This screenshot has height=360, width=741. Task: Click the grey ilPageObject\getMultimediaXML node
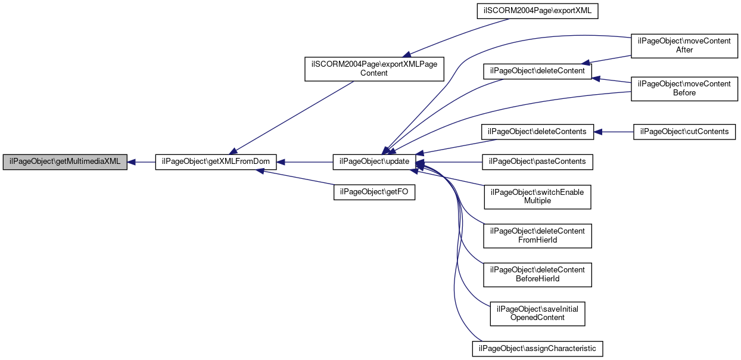[x=65, y=162]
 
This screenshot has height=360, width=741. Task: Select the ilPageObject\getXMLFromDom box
[x=216, y=162]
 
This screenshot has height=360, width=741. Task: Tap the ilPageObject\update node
[x=374, y=162]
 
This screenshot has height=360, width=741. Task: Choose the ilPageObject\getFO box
[x=374, y=193]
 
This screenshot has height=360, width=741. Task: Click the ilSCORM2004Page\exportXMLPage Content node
[x=374, y=69]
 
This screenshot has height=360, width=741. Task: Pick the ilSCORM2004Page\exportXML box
[x=537, y=11]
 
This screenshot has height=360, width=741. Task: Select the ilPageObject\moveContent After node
[x=684, y=46]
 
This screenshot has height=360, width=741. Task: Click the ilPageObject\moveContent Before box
[x=684, y=89]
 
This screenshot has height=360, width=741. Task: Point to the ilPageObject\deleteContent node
[x=537, y=71]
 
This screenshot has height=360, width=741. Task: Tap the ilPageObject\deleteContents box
[x=537, y=132]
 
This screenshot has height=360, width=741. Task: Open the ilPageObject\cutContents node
[x=684, y=132]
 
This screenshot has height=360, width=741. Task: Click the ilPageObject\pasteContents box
[x=537, y=162]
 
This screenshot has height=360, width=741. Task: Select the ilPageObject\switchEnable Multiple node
[x=537, y=197]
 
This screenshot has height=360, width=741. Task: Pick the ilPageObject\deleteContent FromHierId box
[x=537, y=235]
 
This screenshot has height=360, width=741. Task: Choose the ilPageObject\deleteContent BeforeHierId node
[x=537, y=275]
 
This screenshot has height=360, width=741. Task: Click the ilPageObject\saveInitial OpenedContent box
[x=537, y=314]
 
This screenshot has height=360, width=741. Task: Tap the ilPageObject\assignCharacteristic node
[x=537, y=349]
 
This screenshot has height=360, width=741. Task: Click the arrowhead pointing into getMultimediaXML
[x=131, y=162]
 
